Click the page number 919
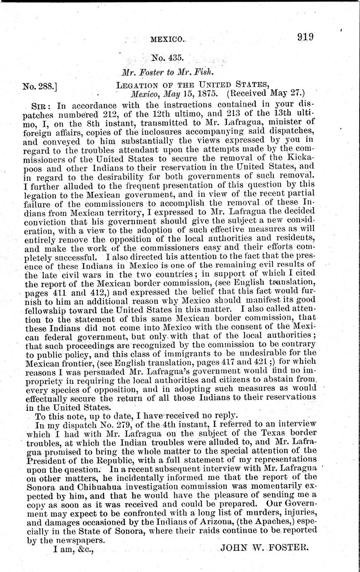pyautogui.click(x=305, y=37)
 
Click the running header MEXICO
pyautogui.click(x=167, y=40)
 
